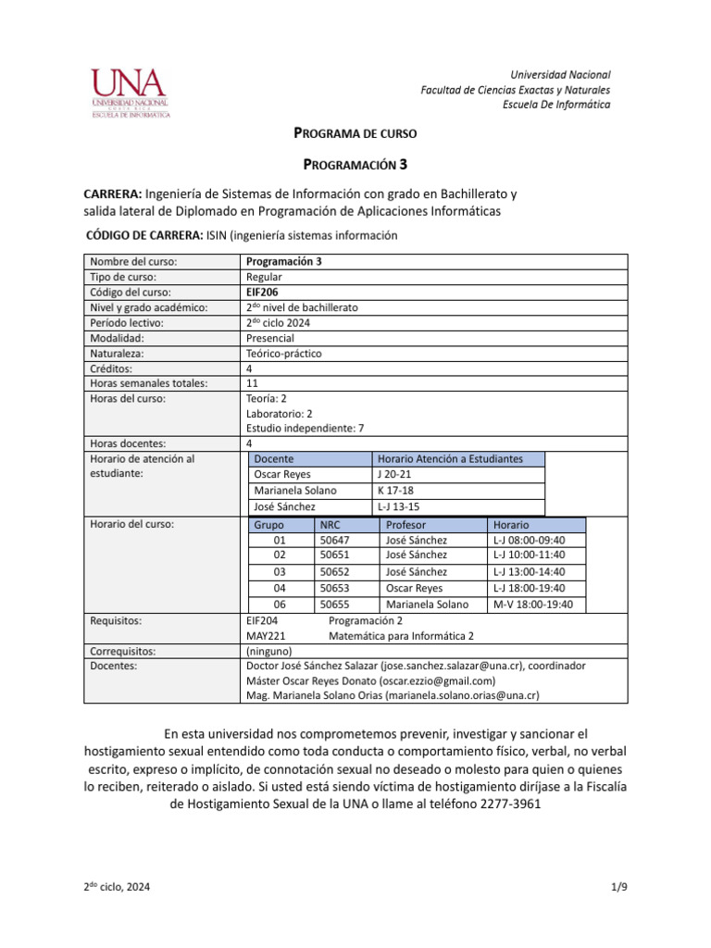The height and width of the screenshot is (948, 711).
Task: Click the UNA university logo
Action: [x=130, y=94]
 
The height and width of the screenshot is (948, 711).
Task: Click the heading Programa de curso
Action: [x=355, y=133]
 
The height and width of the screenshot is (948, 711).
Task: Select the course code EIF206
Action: [x=262, y=292]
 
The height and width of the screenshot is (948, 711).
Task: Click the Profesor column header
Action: [x=405, y=524]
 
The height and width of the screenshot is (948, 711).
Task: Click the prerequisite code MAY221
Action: [x=266, y=636]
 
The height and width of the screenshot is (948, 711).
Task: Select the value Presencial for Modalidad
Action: [x=270, y=338]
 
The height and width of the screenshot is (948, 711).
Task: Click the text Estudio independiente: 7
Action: [x=305, y=428]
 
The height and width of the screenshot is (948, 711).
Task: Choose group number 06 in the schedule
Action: [x=281, y=605]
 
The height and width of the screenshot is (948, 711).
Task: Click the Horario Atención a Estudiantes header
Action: [x=450, y=458]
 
